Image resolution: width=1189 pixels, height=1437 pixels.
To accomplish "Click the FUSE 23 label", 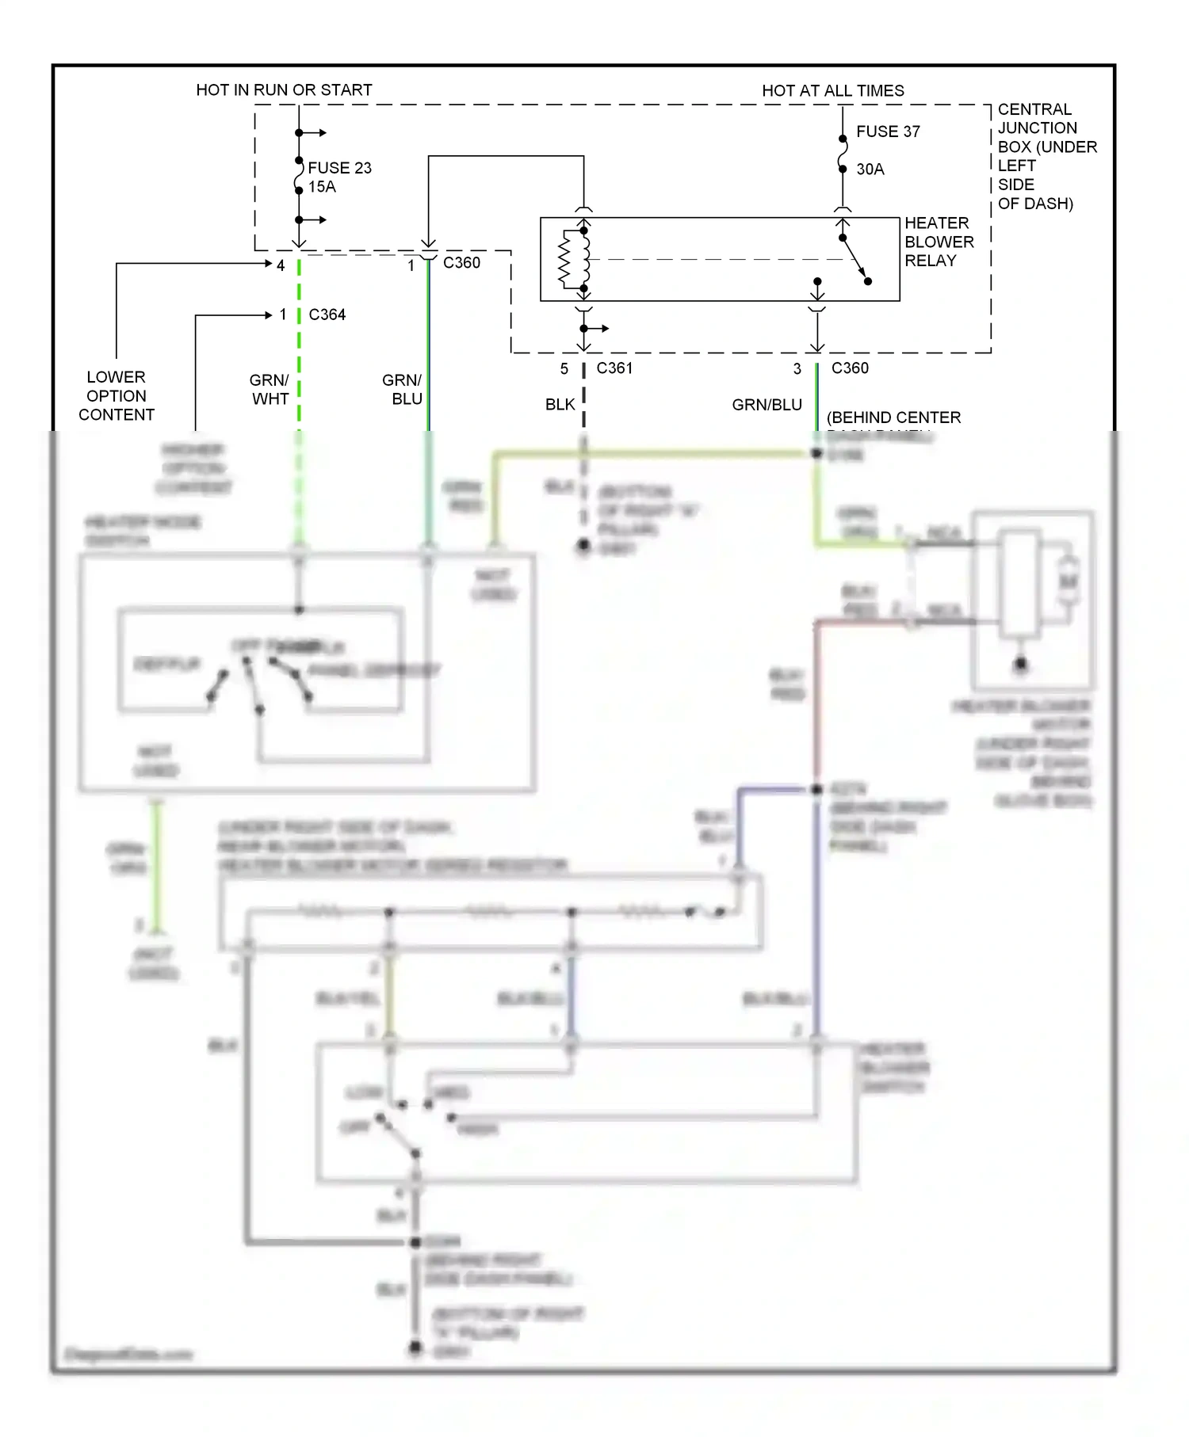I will pos(339,168).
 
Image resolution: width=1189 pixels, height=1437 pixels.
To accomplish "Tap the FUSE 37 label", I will pos(888,132).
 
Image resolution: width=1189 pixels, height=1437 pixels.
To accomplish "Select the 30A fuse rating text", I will pos(870,170).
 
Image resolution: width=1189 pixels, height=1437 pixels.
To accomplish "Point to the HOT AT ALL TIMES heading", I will pos(832,91).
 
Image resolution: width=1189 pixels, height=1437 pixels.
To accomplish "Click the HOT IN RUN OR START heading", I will pos(284,90).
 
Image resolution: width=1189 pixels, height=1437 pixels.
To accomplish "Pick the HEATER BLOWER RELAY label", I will pos(939,242).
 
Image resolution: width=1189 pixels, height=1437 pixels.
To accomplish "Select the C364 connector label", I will pos(327,314).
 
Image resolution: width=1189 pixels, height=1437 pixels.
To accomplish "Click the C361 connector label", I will pos(614,368).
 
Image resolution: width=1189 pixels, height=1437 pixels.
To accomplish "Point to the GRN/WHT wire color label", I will pos(270,390).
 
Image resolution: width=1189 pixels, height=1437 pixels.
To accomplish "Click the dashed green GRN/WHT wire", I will pos(299,356).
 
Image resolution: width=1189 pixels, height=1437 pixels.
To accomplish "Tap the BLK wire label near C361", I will pos(560,405).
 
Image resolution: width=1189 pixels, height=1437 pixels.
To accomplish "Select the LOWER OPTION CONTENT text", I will pos(116,395).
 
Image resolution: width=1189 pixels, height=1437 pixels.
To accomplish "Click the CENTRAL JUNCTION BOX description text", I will pos(1046,156).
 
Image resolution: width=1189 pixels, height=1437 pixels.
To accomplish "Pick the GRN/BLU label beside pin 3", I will pos(767,405).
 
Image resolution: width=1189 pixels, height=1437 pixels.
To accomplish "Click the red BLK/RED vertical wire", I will pos(816,697).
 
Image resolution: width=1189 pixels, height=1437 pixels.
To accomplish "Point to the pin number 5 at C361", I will pos(564,369).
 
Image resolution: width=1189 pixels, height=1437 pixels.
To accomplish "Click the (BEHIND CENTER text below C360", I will pos(893,417).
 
